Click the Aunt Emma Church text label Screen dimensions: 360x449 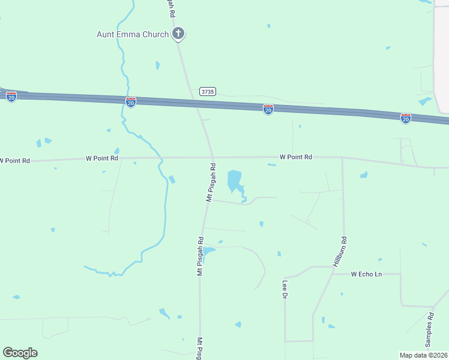tap(133, 34)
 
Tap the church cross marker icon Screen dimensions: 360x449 tap(178, 34)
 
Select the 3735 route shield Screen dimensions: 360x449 tap(207, 92)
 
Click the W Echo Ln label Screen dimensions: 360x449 tap(366, 274)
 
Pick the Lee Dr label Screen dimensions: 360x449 tap(285, 289)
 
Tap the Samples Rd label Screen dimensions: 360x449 tap(429, 329)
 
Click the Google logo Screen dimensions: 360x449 tap(20, 353)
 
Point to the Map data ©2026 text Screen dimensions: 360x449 tap(423, 355)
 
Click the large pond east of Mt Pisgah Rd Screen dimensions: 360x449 tap(234, 180)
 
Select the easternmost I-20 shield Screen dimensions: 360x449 tap(406, 118)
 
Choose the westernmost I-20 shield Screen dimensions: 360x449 tap(11, 96)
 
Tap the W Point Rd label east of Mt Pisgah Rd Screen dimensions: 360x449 tap(296, 157)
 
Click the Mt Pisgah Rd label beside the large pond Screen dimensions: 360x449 tap(210, 181)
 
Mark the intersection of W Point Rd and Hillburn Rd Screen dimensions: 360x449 tap(342, 158)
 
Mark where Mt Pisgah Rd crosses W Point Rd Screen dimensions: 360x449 tap(212, 158)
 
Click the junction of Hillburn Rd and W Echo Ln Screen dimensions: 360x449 tap(332, 274)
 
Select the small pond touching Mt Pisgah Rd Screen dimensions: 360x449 tap(208, 251)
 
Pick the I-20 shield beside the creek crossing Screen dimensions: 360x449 tap(131, 102)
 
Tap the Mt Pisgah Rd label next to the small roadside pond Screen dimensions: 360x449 tap(200, 256)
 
